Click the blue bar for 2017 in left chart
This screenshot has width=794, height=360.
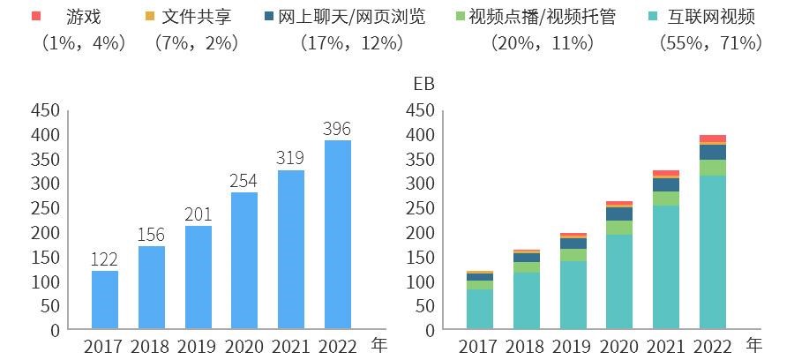105,300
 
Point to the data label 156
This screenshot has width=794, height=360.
152,235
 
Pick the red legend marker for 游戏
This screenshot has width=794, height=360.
37,17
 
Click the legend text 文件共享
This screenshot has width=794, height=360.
196,17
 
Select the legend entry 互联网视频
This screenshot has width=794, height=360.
713,17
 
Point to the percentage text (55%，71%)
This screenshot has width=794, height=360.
710,42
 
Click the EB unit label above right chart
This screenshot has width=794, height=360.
424,85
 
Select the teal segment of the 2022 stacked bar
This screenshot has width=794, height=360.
713,252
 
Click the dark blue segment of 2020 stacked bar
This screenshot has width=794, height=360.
619,214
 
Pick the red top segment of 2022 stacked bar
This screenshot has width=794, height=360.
713,139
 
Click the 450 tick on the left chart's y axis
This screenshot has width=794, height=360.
45,110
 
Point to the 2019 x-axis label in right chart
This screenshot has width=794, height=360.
573,345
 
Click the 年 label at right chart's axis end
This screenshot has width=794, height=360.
754,343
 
